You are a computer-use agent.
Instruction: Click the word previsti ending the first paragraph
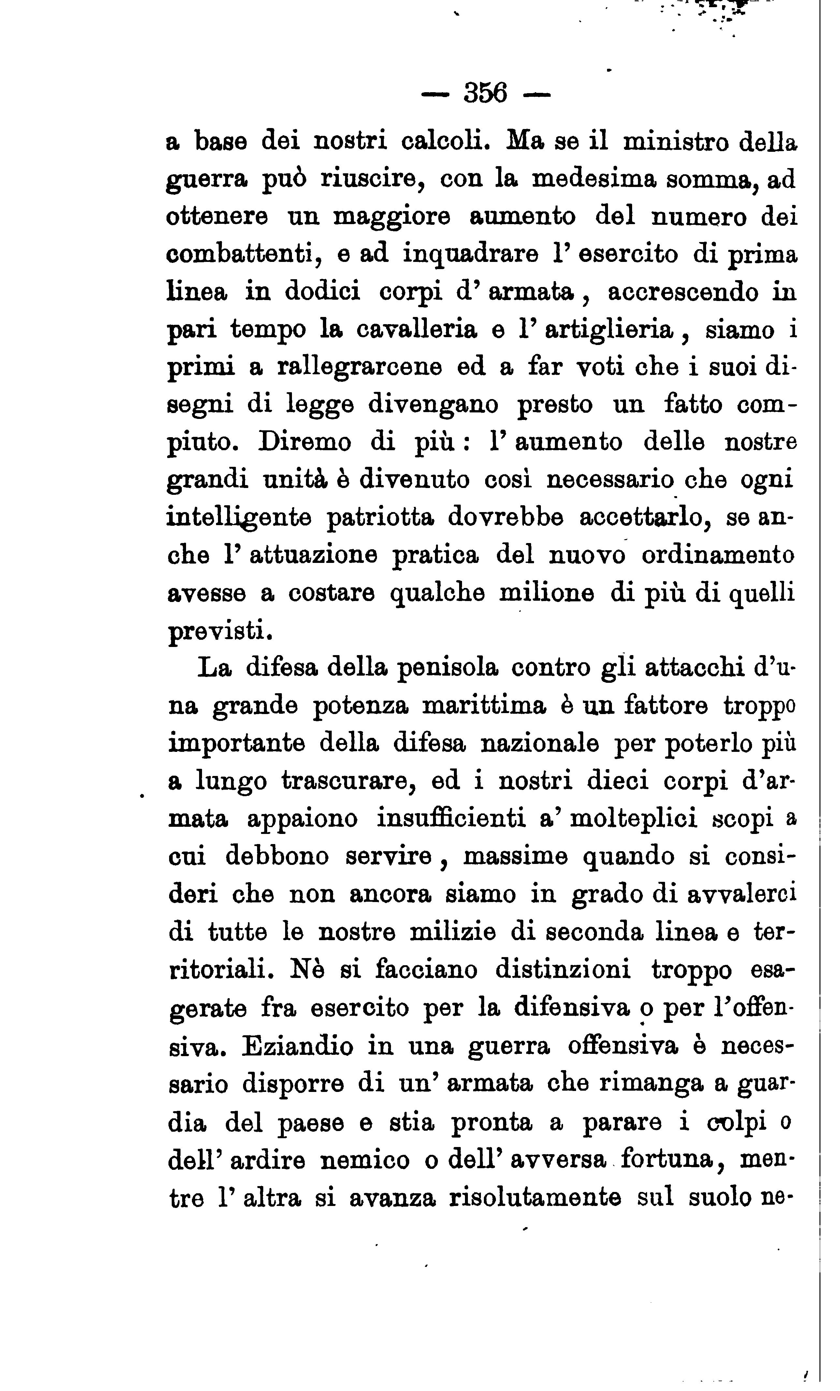(x=220, y=631)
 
